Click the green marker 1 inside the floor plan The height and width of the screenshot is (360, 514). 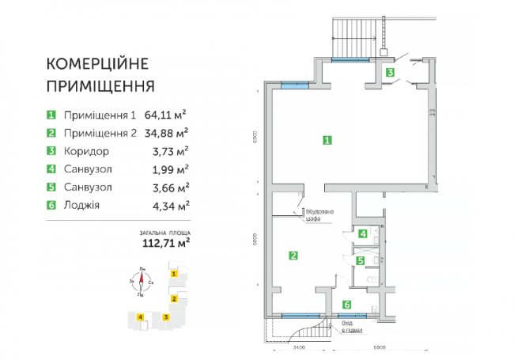327,140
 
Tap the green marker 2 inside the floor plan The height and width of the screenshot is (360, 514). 293,256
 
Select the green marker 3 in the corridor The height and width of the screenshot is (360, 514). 390,72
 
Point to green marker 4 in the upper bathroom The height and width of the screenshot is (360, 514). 362,233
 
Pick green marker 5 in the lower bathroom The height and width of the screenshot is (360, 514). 359,260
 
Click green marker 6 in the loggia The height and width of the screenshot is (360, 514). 346,305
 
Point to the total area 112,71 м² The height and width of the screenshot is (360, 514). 164,243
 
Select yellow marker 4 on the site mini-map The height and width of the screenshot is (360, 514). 140,317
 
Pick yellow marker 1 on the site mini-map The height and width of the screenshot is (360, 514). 174,274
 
